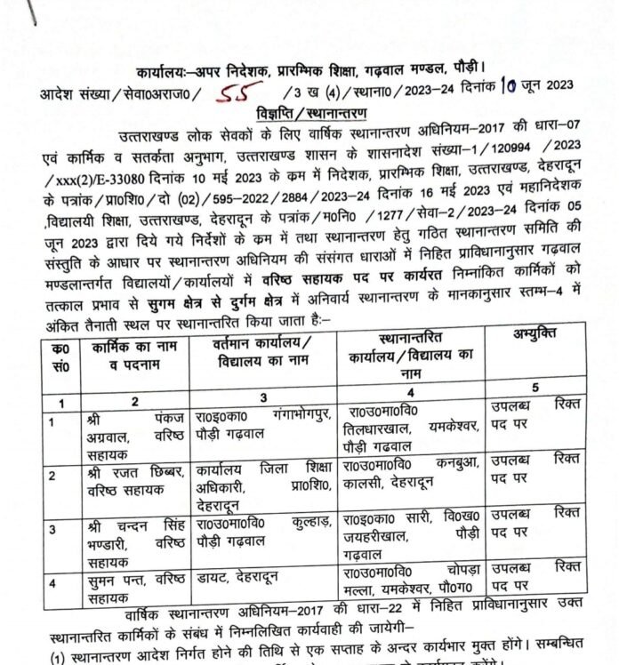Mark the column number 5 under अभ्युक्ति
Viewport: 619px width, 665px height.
click(x=537, y=387)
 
